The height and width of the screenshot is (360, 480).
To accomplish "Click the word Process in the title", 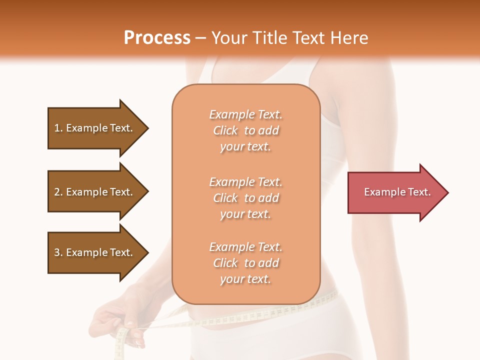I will (157, 38).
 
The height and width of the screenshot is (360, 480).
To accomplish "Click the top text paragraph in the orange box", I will (245, 130).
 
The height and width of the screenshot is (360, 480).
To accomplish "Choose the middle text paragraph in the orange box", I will (245, 198).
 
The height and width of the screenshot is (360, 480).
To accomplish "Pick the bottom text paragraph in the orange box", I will (245, 263).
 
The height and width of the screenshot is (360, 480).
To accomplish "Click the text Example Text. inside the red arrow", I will (397, 192).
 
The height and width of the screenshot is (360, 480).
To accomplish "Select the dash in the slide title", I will (201, 38).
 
